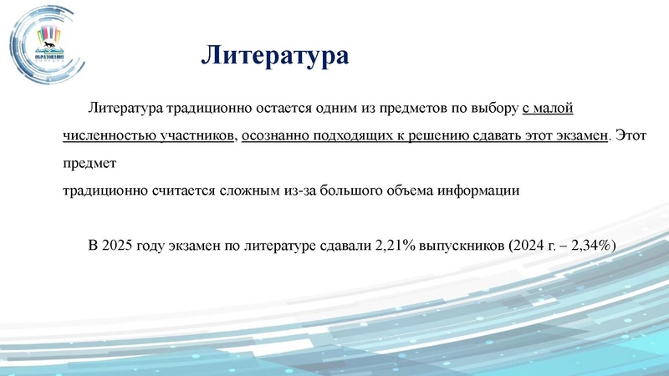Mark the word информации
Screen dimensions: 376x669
tap(481, 191)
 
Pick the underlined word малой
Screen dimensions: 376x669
tap(555, 109)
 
